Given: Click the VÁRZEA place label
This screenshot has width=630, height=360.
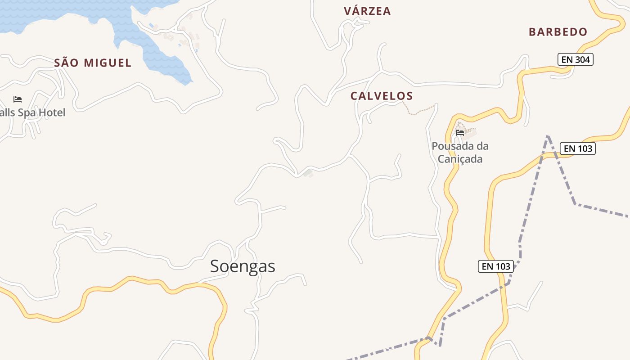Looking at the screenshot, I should click(367, 11).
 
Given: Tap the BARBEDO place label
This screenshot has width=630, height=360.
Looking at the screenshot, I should click(558, 32).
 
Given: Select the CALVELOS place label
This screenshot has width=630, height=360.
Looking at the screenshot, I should click(382, 96).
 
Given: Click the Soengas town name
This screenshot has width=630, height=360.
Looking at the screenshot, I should click(243, 266).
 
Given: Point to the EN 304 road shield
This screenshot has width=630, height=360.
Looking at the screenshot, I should click(575, 59).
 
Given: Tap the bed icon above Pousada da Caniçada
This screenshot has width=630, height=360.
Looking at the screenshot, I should click(460, 133).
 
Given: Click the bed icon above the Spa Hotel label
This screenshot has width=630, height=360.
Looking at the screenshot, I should click(18, 99).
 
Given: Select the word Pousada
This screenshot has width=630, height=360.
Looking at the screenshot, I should click(451, 146).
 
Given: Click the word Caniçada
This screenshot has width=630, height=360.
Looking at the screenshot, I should click(460, 159).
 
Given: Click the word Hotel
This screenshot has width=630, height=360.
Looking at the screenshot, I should click(51, 112).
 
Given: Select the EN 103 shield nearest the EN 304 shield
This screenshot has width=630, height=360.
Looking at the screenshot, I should click(577, 148).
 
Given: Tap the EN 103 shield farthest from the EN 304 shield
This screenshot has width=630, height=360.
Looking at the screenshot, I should click(496, 266).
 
